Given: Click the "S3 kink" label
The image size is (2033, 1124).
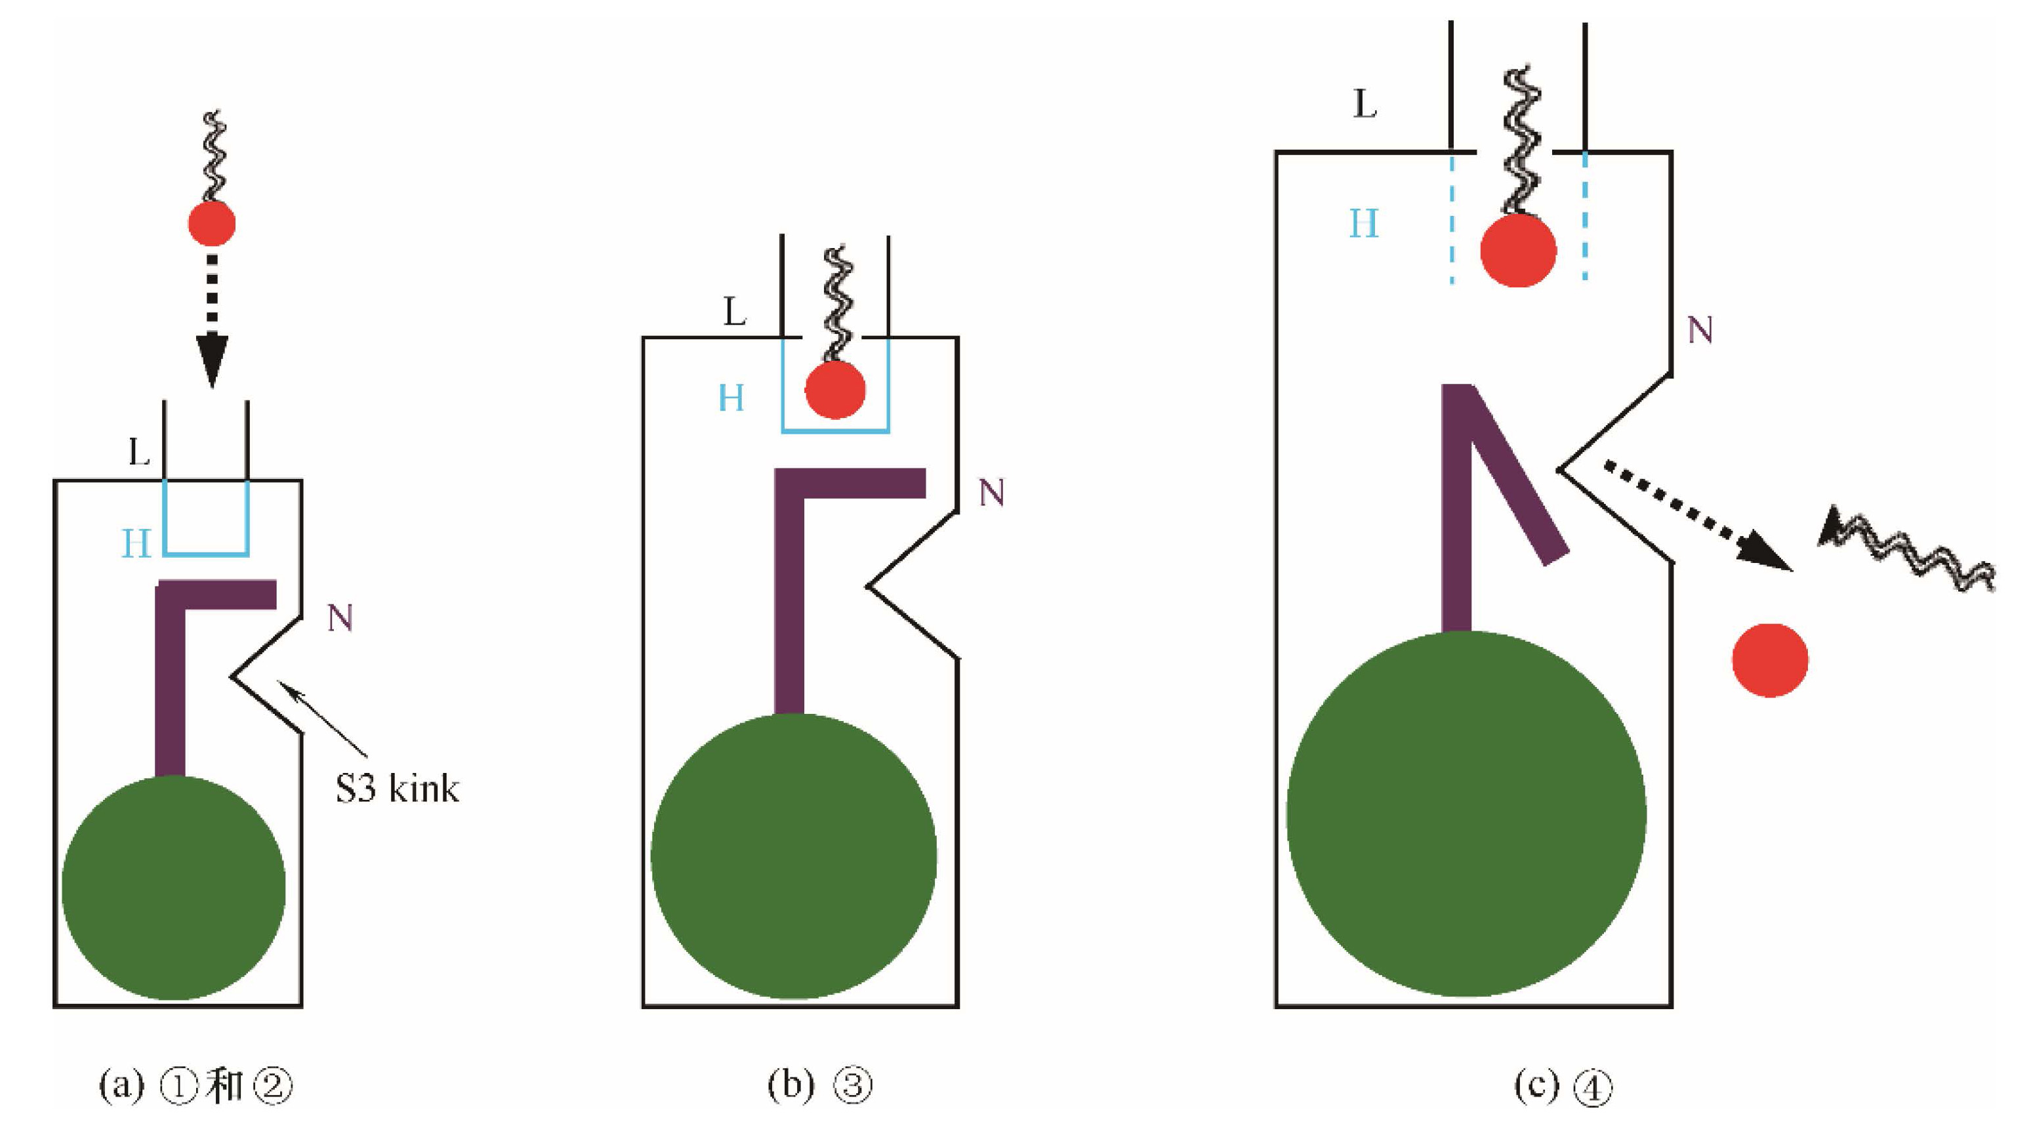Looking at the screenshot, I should (x=397, y=789).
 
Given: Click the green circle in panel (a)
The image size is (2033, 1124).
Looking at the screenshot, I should (x=174, y=887).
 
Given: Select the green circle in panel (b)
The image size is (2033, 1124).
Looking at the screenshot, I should (x=793, y=856).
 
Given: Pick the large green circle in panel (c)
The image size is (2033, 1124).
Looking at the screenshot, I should (x=1466, y=814).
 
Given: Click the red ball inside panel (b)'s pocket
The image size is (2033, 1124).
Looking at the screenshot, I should (x=835, y=390).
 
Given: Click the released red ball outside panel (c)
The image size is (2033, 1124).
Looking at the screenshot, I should (x=1770, y=660).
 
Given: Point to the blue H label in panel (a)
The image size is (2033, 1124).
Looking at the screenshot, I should (x=136, y=544).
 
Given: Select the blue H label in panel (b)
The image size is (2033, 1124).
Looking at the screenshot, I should (x=731, y=398).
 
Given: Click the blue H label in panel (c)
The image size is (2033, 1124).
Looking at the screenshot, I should (x=1364, y=224).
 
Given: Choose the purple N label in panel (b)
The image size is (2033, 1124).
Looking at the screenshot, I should (x=991, y=493).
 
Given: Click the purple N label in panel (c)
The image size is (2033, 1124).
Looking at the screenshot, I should (x=1700, y=331).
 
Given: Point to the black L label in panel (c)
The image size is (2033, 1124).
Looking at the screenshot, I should (x=1365, y=104).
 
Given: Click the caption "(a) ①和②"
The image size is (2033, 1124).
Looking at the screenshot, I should (x=195, y=1086).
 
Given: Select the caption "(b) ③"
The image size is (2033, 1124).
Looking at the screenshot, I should (x=819, y=1086).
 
